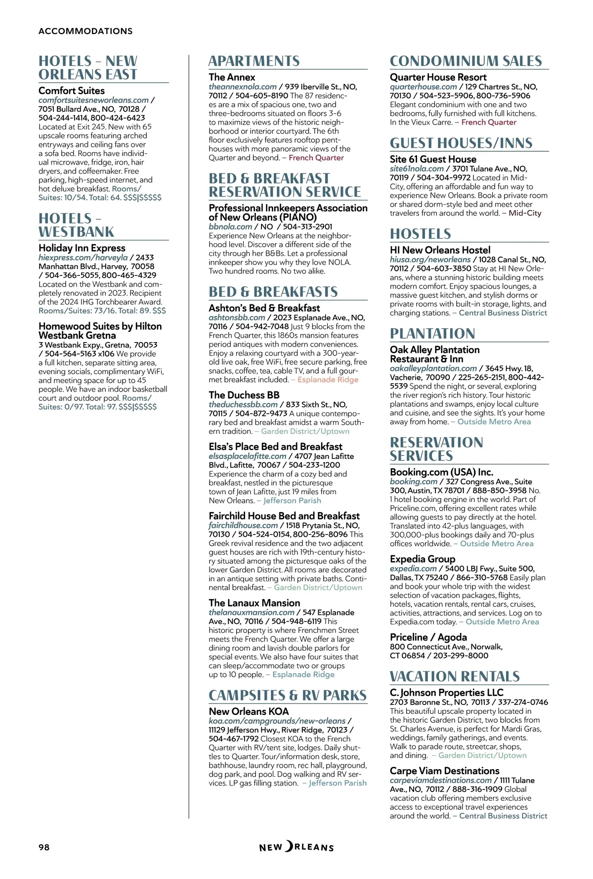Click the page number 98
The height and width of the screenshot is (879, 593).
44,847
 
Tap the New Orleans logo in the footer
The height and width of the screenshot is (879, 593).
296,847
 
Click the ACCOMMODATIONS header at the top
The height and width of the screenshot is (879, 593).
85,31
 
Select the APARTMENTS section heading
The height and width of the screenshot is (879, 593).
254,61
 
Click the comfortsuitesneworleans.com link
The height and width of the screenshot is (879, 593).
93,100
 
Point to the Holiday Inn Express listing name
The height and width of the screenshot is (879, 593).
82,248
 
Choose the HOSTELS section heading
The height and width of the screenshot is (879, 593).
421,234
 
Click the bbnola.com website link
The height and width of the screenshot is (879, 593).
230,226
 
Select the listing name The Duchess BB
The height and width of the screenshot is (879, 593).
244,395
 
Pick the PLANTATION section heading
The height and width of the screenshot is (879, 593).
432,334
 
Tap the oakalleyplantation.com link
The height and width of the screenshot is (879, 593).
433,368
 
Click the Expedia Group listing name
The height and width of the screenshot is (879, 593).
423,559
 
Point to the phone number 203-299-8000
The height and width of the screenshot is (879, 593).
461,656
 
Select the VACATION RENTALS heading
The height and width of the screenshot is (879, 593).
455,676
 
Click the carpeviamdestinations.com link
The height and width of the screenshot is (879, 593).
441,780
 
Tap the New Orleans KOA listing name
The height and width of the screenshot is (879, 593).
249,711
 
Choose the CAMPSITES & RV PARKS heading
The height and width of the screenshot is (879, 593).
288,696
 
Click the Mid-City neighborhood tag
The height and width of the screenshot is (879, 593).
525,213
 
